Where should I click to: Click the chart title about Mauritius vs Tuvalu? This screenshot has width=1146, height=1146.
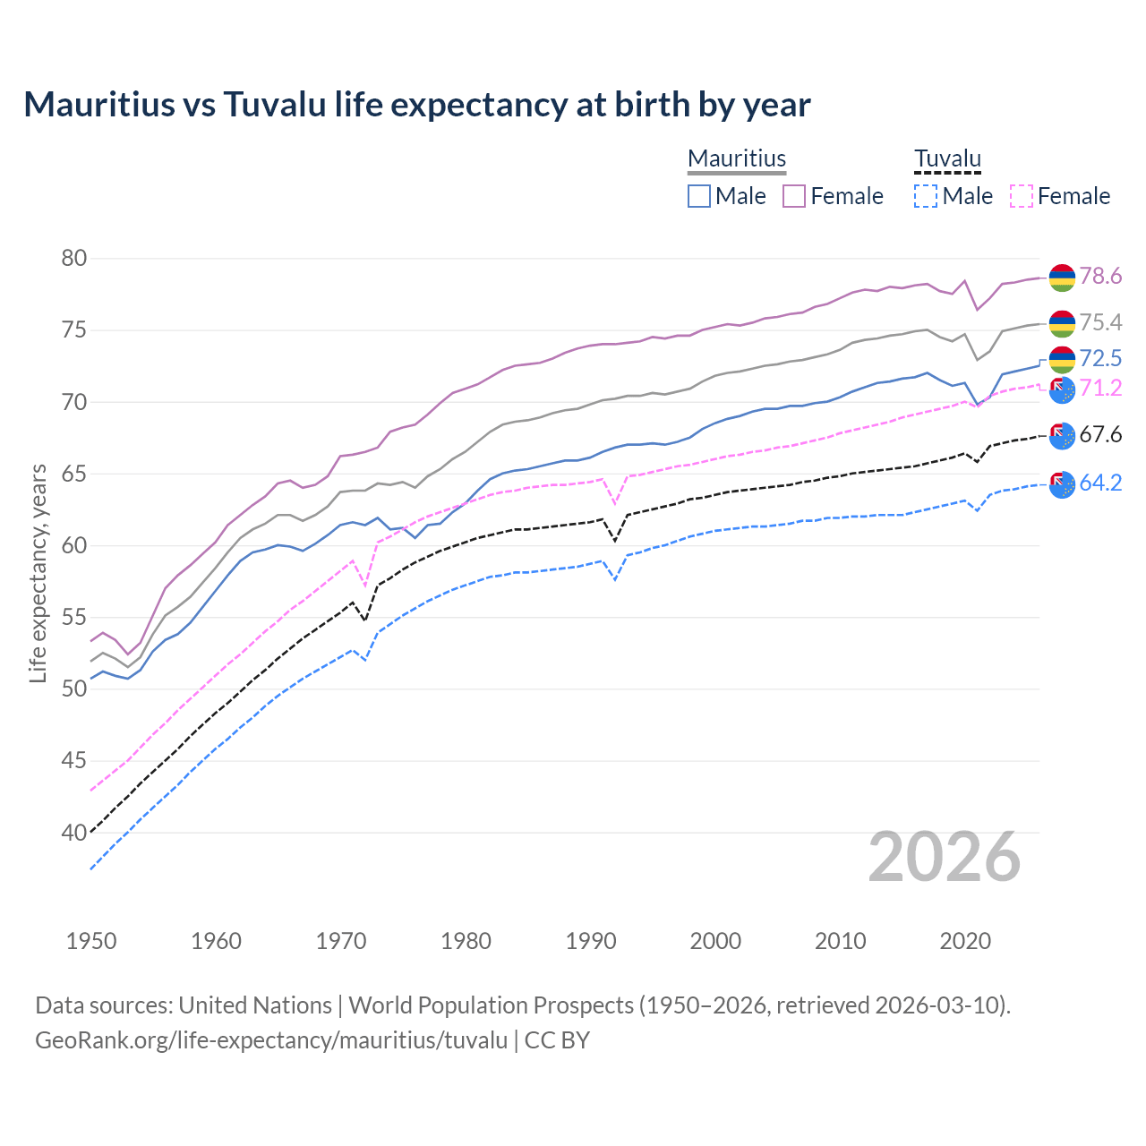click(x=417, y=105)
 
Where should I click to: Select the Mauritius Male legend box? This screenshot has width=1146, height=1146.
click(x=699, y=196)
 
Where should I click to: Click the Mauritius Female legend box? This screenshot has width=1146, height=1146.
click(x=794, y=196)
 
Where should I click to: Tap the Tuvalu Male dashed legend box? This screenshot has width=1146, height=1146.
click(x=926, y=196)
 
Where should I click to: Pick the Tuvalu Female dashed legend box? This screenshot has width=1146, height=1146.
click(x=1022, y=196)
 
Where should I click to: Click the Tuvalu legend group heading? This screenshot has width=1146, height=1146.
click(x=947, y=158)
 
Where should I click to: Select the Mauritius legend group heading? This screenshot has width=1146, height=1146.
click(x=737, y=158)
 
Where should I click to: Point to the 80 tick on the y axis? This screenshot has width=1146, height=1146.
click(x=74, y=259)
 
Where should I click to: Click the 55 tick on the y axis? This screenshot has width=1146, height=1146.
click(x=74, y=618)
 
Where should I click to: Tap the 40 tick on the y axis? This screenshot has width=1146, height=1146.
click(x=74, y=833)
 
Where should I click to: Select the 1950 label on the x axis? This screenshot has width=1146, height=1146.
click(x=91, y=941)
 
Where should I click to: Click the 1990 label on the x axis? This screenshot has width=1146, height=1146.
click(x=591, y=941)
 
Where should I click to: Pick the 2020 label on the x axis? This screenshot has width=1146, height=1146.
click(x=965, y=941)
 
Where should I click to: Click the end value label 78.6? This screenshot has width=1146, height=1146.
click(x=1100, y=277)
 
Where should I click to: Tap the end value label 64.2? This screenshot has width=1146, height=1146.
click(x=1100, y=483)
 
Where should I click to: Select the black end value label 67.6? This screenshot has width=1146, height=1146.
click(x=1100, y=435)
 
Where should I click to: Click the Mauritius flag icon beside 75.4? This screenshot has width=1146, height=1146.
click(x=1062, y=323)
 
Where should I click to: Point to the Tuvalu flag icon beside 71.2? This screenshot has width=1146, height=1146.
click(x=1062, y=389)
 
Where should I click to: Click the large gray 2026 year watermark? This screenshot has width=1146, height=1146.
click(x=945, y=857)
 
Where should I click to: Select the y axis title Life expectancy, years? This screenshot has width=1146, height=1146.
click(x=38, y=573)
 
